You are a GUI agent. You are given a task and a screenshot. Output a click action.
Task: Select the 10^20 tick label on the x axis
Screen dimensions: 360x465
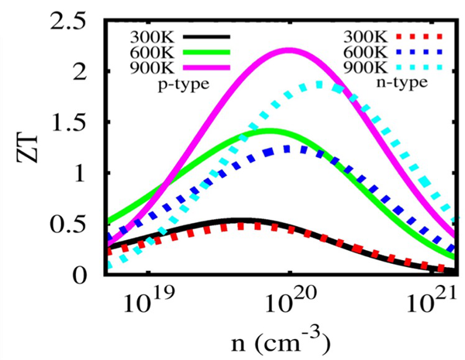coord(289,304)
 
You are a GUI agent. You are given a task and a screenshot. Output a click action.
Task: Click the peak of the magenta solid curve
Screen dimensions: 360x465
coord(289,50)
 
